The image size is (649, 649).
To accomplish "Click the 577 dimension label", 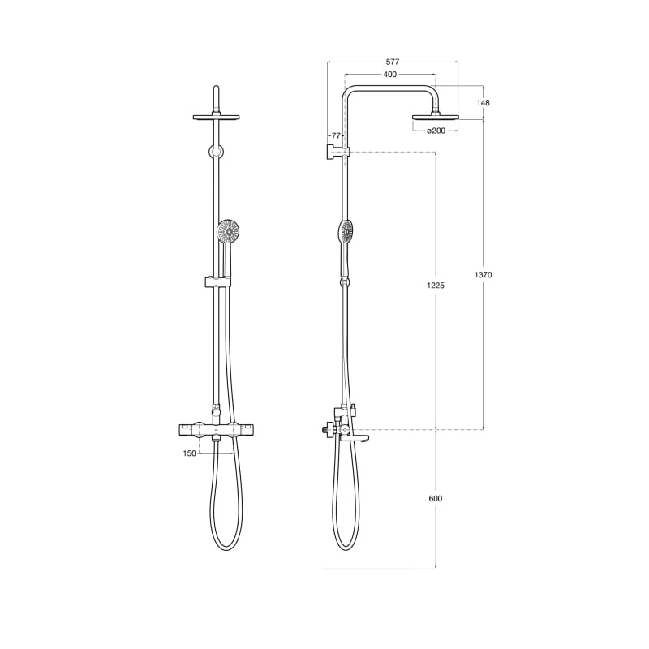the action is (393, 62).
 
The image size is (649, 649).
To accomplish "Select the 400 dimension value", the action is (390, 75).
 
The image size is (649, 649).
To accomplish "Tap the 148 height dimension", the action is (483, 103).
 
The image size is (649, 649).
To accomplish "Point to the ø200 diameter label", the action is (436, 131).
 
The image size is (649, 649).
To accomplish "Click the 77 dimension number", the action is (336, 135).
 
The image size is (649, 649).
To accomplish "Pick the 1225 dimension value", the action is (436, 286).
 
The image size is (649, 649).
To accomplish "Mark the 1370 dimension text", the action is (483, 275).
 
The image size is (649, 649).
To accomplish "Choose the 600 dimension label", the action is (436, 499).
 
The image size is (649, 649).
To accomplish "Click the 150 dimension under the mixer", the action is (189, 453).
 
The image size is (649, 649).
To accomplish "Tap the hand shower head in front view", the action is (229, 232).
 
